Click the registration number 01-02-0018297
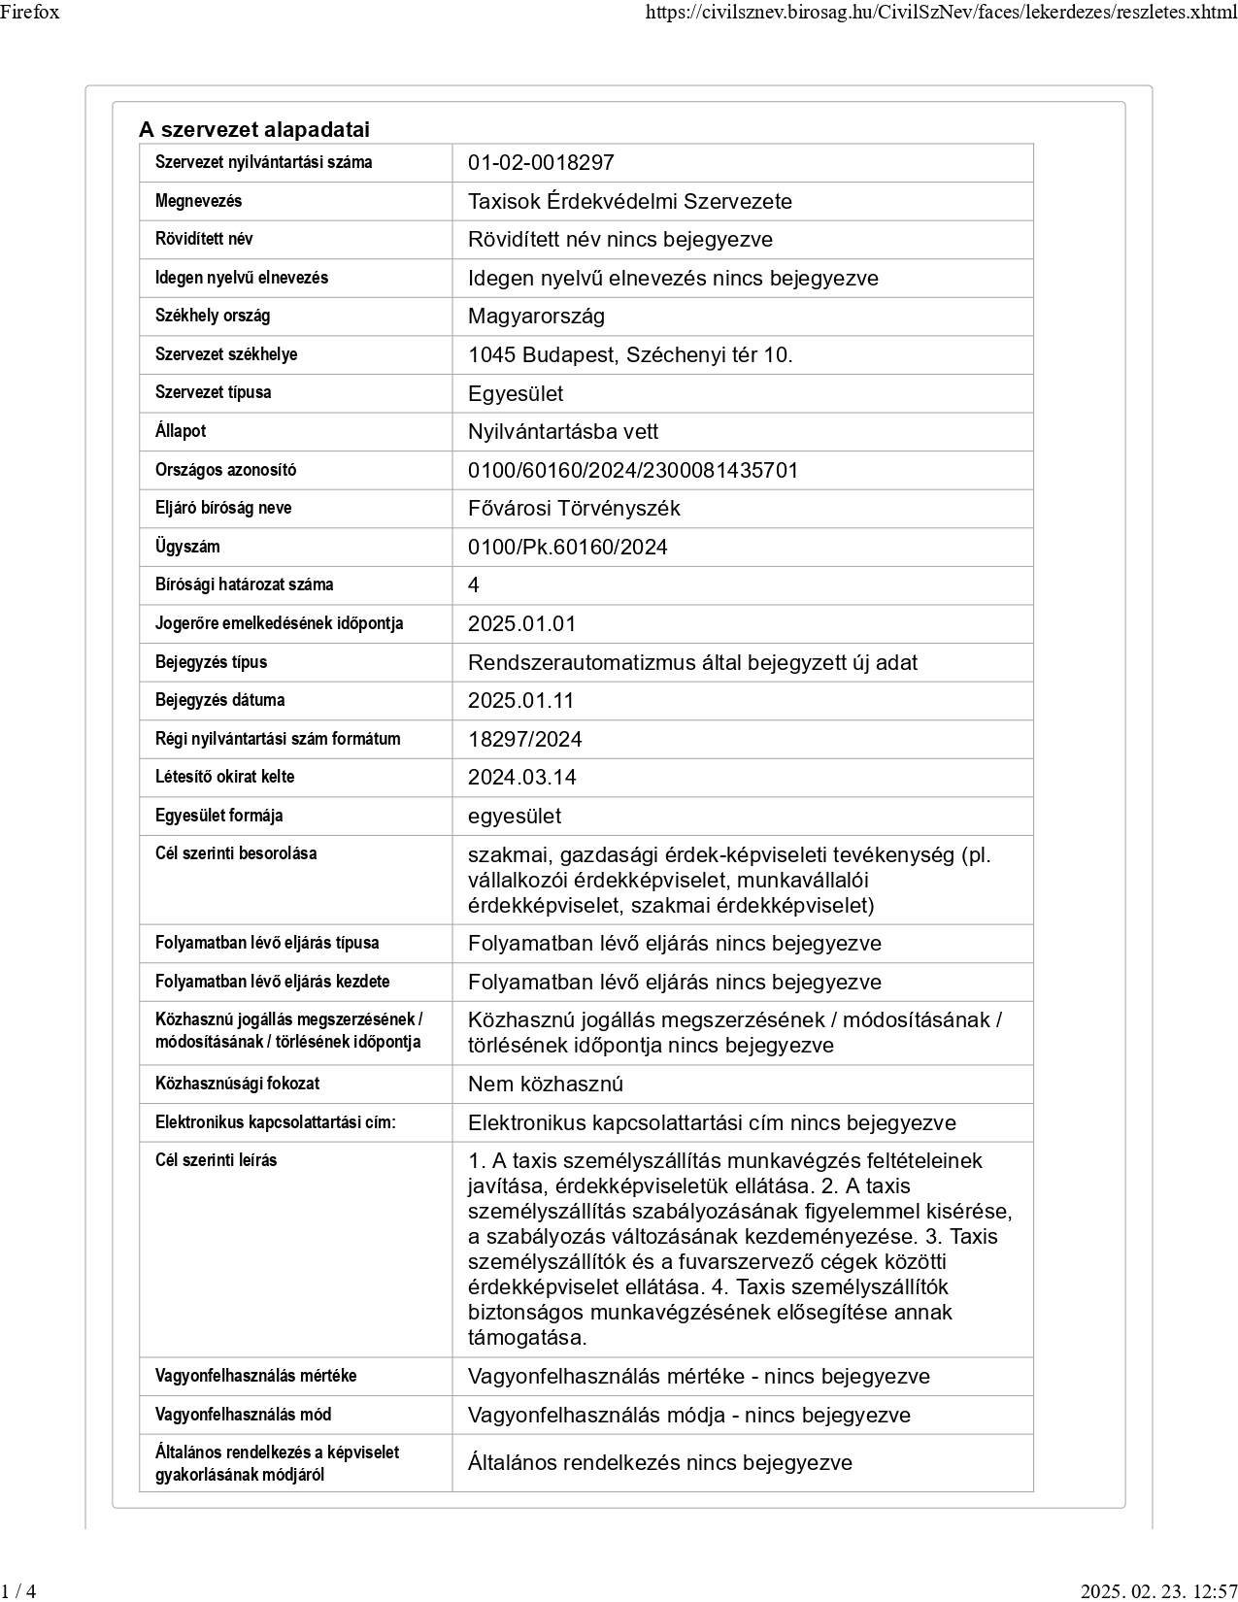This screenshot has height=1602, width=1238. tap(541, 163)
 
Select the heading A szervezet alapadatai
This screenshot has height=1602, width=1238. tap(254, 130)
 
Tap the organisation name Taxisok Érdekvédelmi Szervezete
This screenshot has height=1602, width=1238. tap(629, 202)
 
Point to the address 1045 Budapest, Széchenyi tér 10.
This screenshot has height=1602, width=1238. tap(630, 355)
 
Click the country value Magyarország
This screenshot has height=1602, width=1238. tap(536, 317)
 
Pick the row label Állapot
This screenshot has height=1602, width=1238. tap(181, 431)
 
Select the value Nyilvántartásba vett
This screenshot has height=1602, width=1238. tap(563, 432)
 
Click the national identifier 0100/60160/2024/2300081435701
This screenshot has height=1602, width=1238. tap(633, 471)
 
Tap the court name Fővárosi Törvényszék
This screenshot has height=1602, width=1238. tap(574, 509)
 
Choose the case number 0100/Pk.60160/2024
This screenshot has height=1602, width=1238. tap(568, 548)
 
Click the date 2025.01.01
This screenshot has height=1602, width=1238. tap(521, 624)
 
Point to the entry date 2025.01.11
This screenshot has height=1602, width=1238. tap(521, 701)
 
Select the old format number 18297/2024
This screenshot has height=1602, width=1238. tap(525, 740)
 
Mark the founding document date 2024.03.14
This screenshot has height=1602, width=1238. tap(521, 778)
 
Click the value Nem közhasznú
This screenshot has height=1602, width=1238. tap(546, 1085)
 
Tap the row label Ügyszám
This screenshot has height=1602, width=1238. tap(187, 547)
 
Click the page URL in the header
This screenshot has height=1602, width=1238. tap(941, 13)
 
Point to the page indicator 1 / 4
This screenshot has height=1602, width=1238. tap(18, 1590)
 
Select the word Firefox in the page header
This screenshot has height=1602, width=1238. tap(30, 13)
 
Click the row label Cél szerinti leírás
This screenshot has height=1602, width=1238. tap(216, 1160)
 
